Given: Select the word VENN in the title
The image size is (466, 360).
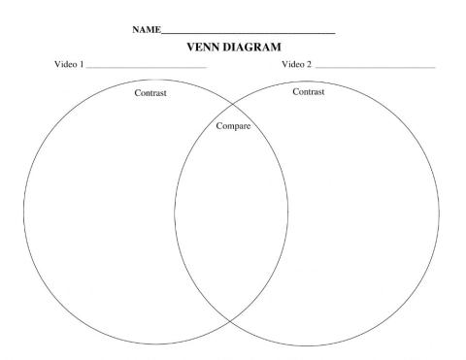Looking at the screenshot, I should pos(192,48).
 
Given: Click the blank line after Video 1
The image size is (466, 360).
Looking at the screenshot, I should pos(147,68).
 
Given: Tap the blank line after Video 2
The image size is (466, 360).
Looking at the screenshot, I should pos(375,68).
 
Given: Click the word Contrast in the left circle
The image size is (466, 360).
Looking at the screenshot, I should pos(150,93).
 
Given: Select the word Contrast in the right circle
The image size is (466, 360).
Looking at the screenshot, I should pos(309,90).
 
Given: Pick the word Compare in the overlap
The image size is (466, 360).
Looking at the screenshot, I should pos(232,126).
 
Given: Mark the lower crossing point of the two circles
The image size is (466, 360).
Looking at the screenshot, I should pos(231,320).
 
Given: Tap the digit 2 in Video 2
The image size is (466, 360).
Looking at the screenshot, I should pos(310,65).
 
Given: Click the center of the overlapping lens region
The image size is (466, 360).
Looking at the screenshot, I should pos(231,213).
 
